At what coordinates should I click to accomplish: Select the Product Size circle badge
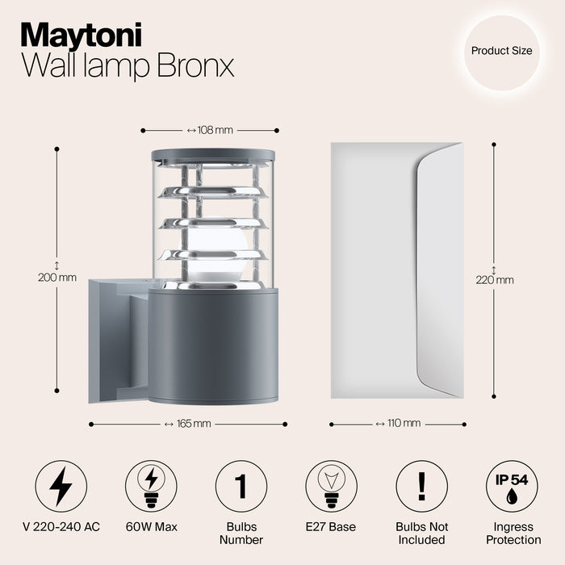pos(501,51)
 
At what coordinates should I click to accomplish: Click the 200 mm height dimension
pos(57,277)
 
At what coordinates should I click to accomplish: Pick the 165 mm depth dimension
pos(187,424)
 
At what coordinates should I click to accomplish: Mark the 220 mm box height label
pos(494,280)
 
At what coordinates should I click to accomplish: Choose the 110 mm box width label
pos(399,423)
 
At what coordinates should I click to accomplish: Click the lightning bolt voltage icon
pos(61,486)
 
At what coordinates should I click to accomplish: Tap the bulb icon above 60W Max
pos(151,486)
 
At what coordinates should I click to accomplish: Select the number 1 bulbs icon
pos(241,486)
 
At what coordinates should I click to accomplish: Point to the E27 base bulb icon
pos(331,486)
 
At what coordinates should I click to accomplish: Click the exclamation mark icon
pos(421,486)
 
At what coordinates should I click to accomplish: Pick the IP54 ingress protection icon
pos(511,486)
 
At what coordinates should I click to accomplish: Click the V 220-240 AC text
pos(61,527)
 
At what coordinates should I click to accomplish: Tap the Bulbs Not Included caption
pos(421,533)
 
